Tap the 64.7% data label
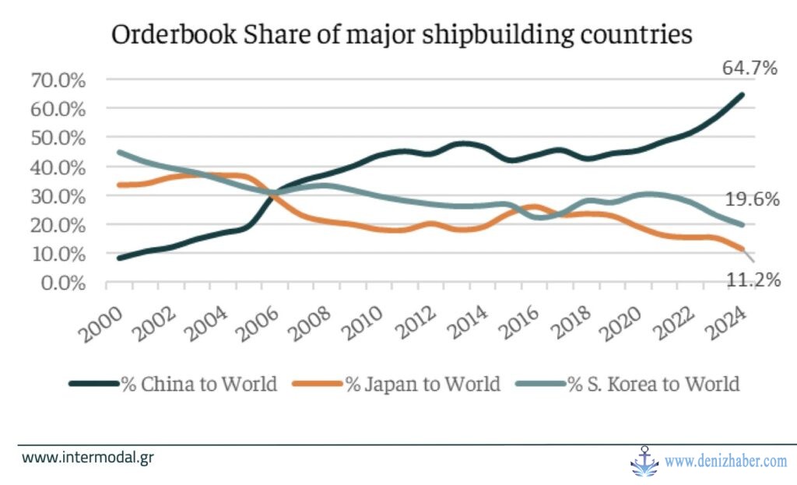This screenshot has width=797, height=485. (750, 68)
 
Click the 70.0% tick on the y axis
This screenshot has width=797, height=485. (58, 79)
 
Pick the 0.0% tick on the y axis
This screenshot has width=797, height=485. (61, 282)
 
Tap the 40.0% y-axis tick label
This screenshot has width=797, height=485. (58, 167)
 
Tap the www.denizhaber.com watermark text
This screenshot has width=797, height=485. (726, 462)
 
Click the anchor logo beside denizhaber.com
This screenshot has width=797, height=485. (644, 461)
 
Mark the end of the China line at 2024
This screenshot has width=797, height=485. (742, 95)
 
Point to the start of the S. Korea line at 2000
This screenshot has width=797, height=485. (119, 153)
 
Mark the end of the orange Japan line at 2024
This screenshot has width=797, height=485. (742, 249)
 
